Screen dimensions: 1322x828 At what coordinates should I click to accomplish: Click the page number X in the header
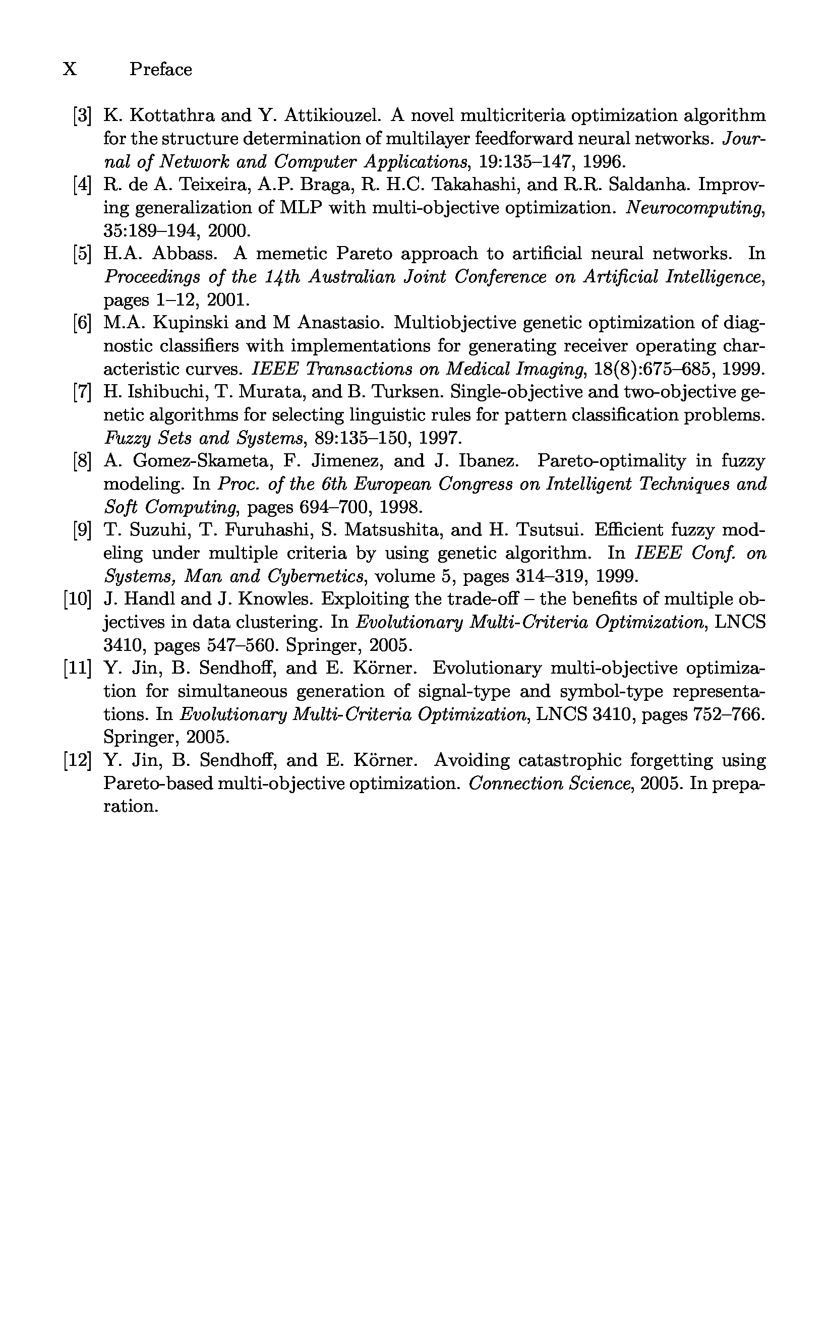70,70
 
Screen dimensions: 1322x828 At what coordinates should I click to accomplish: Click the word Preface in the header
160,70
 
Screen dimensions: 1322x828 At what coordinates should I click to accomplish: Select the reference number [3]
82,116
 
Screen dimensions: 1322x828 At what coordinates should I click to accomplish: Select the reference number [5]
82,254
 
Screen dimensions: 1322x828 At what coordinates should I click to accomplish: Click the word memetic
291,254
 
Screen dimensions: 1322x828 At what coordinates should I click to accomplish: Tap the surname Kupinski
190,323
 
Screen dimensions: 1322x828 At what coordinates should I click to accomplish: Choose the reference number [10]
77,599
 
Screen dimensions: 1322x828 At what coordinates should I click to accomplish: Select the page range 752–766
727,715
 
